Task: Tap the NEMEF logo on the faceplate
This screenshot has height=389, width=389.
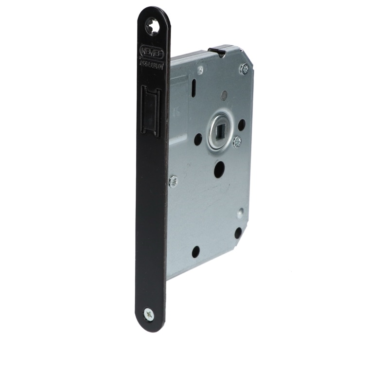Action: [x=152, y=52]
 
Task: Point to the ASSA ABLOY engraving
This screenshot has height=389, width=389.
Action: [x=152, y=63]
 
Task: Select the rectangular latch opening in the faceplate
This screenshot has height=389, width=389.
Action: [x=150, y=109]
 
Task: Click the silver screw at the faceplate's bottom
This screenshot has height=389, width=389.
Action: [x=149, y=314]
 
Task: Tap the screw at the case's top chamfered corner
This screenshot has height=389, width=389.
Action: [x=244, y=69]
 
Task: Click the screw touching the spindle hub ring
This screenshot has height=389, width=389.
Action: [x=237, y=142]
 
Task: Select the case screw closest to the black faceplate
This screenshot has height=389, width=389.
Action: [x=173, y=181]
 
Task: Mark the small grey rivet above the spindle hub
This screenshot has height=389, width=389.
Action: [x=224, y=96]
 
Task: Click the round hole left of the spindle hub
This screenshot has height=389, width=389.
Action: [x=198, y=140]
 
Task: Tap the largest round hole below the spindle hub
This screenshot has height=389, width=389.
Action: [x=219, y=169]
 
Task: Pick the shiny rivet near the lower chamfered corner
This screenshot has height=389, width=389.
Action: [x=240, y=212]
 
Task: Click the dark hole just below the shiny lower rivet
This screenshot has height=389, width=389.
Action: [x=238, y=233]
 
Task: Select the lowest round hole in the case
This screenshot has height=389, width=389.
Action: [x=195, y=251]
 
